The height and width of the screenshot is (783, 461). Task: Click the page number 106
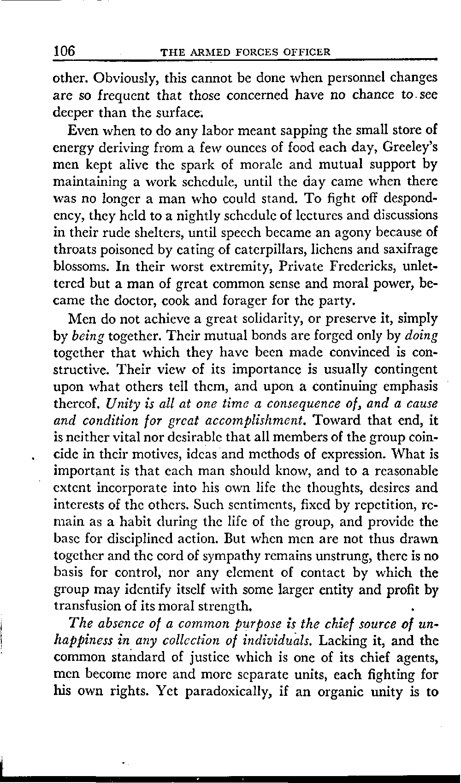[x=65, y=50]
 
